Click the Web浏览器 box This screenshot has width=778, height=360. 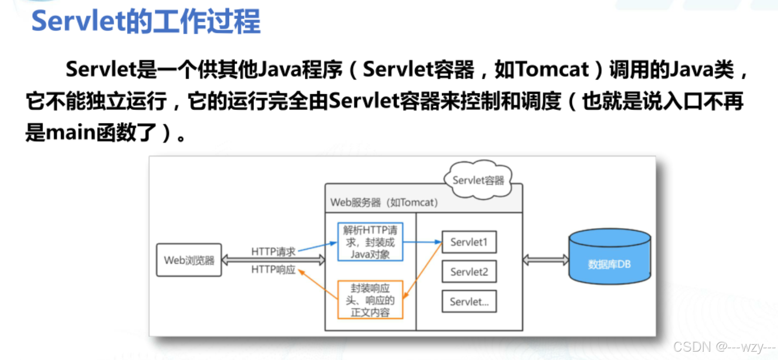[189, 260]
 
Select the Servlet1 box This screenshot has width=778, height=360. [469, 242]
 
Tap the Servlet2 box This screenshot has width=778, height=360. [469, 272]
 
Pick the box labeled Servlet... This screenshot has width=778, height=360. [469, 302]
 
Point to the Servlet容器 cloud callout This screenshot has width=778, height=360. [478, 180]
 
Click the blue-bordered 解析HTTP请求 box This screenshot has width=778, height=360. [370, 242]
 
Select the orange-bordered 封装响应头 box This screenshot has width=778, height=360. [370, 300]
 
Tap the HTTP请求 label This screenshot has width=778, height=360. [273, 252]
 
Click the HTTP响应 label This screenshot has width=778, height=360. [273, 270]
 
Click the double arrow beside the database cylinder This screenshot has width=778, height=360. [546, 260]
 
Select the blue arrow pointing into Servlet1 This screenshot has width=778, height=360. [423, 242]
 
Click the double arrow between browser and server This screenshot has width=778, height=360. [273, 260]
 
